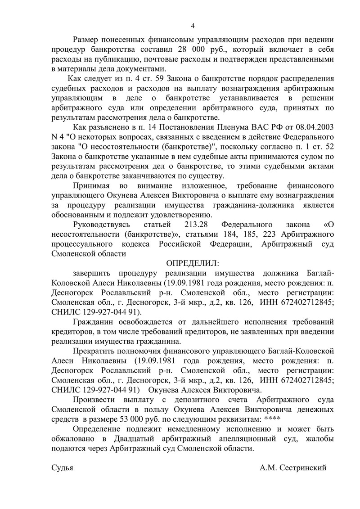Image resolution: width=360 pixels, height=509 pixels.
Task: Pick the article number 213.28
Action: click(x=198, y=224)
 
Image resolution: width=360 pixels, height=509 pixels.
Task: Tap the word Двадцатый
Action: click(x=134, y=439)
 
